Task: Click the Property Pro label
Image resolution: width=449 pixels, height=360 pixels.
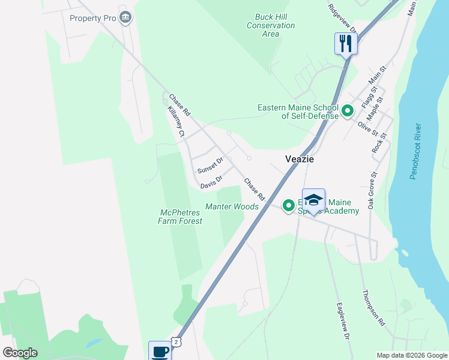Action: [92, 18]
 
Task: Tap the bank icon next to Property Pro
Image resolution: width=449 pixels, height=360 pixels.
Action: [125, 17]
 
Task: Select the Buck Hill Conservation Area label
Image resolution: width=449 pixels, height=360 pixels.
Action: [271, 25]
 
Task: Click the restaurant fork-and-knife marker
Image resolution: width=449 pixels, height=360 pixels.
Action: [346, 43]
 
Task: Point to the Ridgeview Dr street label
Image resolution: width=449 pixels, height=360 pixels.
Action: [343, 18]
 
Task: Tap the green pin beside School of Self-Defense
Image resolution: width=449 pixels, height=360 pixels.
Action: [347, 111]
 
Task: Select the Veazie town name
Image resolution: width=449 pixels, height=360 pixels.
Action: [299, 160]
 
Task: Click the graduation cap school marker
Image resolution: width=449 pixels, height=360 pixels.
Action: [313, 200]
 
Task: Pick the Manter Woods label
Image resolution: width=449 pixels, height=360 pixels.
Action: [232, 206]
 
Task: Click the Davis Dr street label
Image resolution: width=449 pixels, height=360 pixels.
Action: [212, 179]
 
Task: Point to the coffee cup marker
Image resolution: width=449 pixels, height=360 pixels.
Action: [160, 351]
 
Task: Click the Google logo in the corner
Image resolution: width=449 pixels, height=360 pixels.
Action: [20, 353]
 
